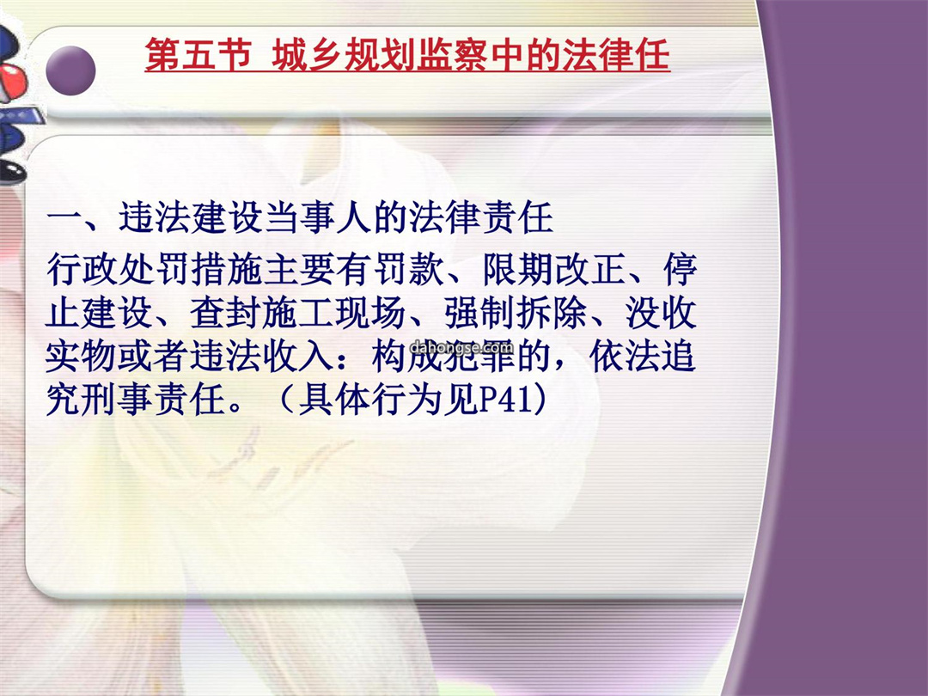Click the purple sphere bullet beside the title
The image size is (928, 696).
[x=70, y=70]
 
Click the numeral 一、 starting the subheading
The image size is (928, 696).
[x=81, y=217]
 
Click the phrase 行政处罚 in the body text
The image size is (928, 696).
[x=119, y=269]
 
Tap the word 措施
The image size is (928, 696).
[x=227, y=269]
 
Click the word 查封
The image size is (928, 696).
[x=226, y=313]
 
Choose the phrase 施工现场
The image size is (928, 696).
[x=334, y=313]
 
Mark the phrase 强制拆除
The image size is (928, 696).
[x=516, y=313]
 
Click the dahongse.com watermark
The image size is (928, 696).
[x=461, y=347]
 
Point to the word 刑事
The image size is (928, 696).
[x=118, y=400]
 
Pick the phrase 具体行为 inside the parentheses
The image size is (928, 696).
[x=370, y=400]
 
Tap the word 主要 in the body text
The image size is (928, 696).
[x=300, y=269]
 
